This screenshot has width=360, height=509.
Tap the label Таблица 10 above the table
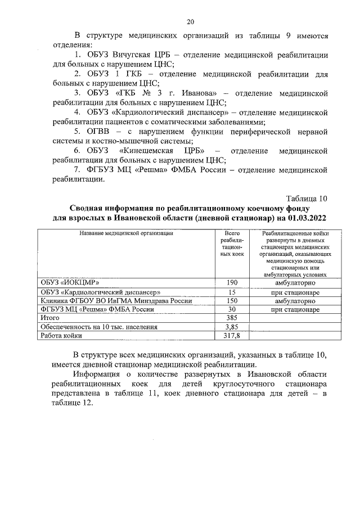[x=306, y=198]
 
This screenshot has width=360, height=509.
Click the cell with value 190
[x=231, y=282]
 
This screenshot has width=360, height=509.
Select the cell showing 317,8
[x=231, y=336]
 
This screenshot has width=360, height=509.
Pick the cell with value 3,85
[x=231, y=327]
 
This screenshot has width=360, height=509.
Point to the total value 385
[x=231, y=318]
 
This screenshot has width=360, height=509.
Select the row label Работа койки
[x=60, y=336]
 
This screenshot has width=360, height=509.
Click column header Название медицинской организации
[x=125, y=233]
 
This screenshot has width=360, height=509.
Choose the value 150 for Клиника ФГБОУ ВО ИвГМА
[x=231, y=301]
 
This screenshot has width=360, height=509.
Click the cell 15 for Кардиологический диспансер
[x=231, y=292]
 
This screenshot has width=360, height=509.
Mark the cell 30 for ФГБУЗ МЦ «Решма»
[x=231, y=309]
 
